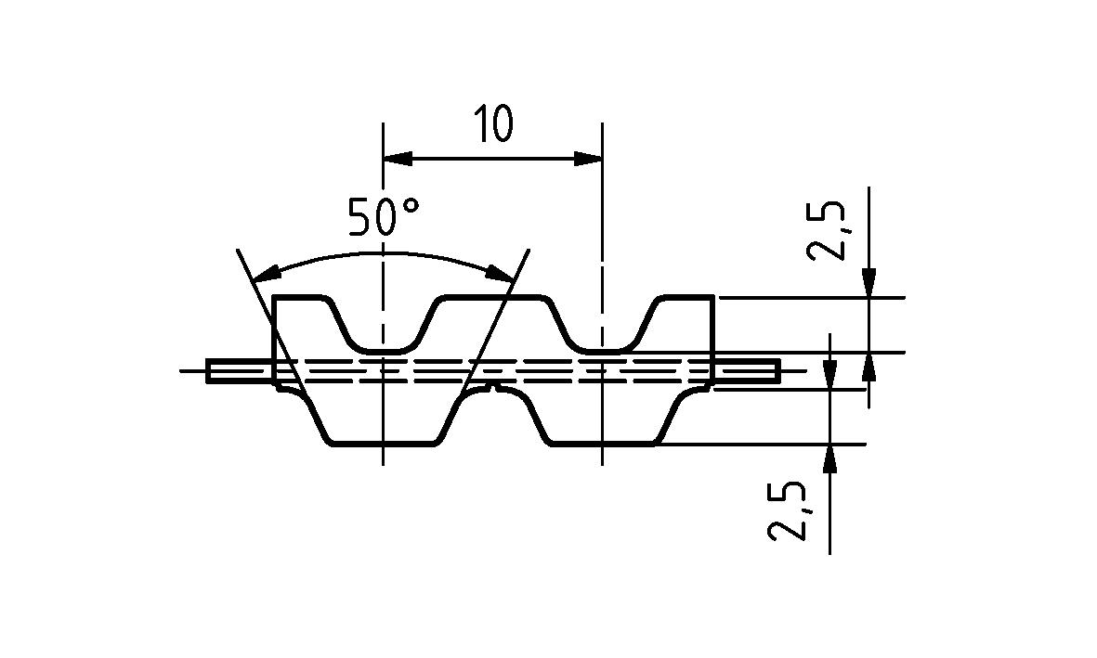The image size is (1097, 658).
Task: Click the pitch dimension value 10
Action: pos(493,123)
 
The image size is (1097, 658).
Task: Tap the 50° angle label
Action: pos(385,215)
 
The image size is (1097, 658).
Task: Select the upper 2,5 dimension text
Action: pos(826,231)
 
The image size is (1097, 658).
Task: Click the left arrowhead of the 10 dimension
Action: pos(398,159)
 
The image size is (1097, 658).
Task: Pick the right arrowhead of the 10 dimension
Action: pos(588,159)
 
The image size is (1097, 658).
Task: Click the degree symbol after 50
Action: pos(411,206)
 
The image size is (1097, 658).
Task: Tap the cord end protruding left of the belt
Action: pos(240,370)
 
